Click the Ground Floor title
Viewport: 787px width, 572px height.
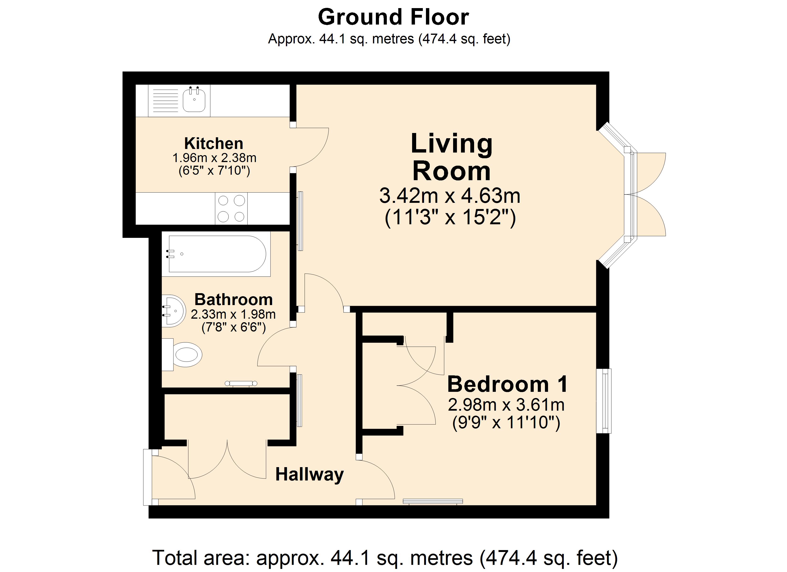(x=393, y=17)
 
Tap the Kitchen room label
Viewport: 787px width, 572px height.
(x=213, y=143)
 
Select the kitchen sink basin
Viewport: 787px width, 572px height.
(x=194, y=100)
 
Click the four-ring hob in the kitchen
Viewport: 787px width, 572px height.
(x=231, y=209)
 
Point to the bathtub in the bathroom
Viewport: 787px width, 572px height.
(x=217, y=254)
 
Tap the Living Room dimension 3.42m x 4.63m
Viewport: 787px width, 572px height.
(x=450, y=196)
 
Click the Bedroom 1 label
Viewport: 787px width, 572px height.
(x=507, y=384)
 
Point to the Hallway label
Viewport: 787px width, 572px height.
(x=309, y=474)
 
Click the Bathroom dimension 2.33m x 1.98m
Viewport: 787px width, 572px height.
(x=233, y=314)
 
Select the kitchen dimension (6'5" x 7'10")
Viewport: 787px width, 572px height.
(x=214, y=171)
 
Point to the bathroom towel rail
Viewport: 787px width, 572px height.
(x=241, y=383)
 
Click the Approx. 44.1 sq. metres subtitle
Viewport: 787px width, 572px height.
(x=389, y=39)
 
